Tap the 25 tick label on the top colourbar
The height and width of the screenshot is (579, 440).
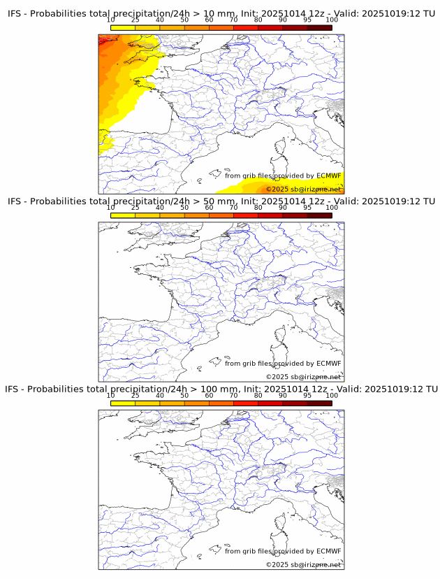(x=135, y=20)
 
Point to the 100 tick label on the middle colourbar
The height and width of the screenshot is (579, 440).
(x=332, y=208)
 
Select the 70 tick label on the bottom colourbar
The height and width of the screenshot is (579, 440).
(x=233, y=395)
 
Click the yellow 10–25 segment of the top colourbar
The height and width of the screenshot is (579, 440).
(x=123, y=28)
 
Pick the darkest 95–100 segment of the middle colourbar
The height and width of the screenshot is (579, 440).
(x=319, y=215)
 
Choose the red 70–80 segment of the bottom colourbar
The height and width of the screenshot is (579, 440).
(x=245, y=403)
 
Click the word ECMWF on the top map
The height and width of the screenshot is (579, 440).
(x=328, y=176)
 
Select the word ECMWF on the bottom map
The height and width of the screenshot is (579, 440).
(x=328, y=551)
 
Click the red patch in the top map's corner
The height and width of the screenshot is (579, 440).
(x=105, y=40)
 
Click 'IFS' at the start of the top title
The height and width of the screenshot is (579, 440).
(x=15, y=14)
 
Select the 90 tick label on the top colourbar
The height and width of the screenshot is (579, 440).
(x=282, y=20)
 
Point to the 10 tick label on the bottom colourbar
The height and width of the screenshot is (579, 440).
(x=110, y=395)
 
